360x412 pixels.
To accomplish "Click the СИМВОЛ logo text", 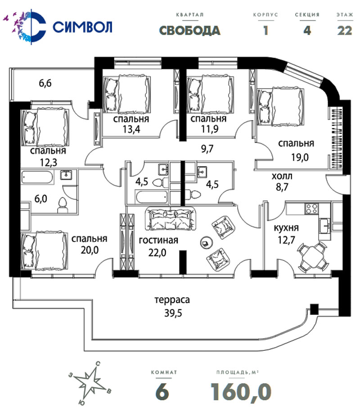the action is tap(82, 27).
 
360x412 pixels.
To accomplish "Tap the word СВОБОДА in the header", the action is tap(189, 31).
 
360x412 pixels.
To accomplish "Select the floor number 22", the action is tap(345, 31).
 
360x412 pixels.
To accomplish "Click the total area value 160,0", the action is tap(241, 392).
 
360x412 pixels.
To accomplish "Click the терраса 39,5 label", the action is tap(172, 306).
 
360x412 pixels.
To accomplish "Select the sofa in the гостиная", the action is tap(171, 218).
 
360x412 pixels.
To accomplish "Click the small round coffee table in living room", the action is tap(205, 242).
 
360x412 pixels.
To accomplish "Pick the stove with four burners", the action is tap(311, 209).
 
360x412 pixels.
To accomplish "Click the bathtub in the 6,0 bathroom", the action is tap(37, 177).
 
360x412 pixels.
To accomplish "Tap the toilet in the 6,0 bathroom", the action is tap(63, 205).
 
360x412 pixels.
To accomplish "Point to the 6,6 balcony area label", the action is tap(45, 83).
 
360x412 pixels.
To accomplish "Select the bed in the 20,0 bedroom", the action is tap(45, 251).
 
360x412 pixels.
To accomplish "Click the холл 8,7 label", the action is tap(282, 181).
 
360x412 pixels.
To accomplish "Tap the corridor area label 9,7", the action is tap(207, 149).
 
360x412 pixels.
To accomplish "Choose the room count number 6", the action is tap(162, 392).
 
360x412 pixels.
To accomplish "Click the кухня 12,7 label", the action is tap(286, 234).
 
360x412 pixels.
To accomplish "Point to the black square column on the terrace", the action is tap(314, 309).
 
